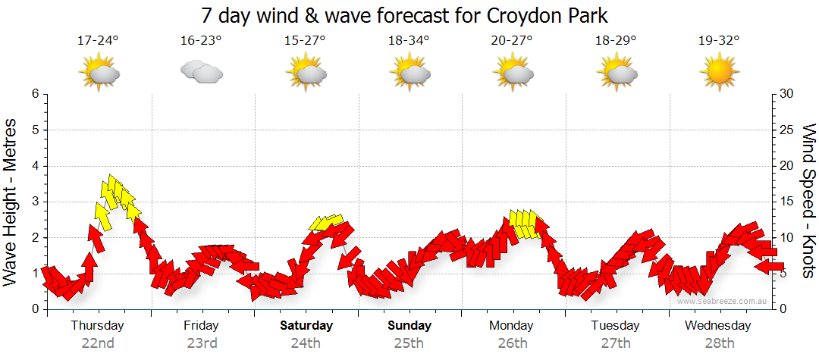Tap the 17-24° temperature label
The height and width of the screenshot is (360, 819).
pyautogui.click(x=98, y=41)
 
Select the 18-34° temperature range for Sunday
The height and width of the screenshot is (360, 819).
pyautogui.click(x=409, y=41)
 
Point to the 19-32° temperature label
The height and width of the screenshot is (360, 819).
pyautogui.click(x=719, y=41)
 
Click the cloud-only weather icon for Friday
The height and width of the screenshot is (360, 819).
pyautogui.click(x=201, y=73)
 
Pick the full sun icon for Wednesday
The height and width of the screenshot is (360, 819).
pyautogui.click(x=719, y=74)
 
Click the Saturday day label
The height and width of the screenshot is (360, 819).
pyautogui.click(x=306, y=326)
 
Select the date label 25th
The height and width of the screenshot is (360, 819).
pyautogui.click(x=409, y=343)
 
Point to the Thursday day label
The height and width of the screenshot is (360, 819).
pyautogui.click(x=98, y=326)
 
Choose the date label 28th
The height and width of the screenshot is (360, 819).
pyautogui.click(x=719, y=343)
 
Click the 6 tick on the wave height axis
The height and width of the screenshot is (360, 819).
pyautogui.click(x=34, y=94)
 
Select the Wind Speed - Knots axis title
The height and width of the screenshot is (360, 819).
pyautogui.click(x=808, y=201)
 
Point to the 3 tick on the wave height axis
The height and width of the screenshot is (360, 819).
pyautogui.click(x=34, y=202)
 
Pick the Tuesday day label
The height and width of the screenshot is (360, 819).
pyautogui.click(x=615, y=326)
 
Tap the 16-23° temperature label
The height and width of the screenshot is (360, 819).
pyautogui.click(x=201, y=41)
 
